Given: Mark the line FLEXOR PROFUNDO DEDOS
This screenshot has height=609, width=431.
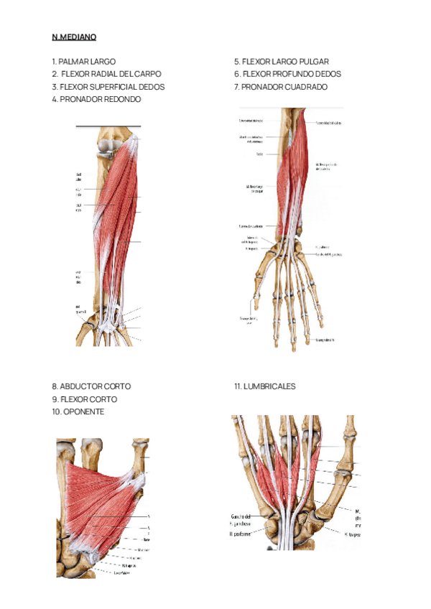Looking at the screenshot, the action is [292, 74].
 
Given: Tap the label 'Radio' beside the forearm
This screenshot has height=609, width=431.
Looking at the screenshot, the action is [259, 154].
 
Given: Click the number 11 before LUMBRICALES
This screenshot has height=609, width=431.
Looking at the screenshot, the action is [237, 386].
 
